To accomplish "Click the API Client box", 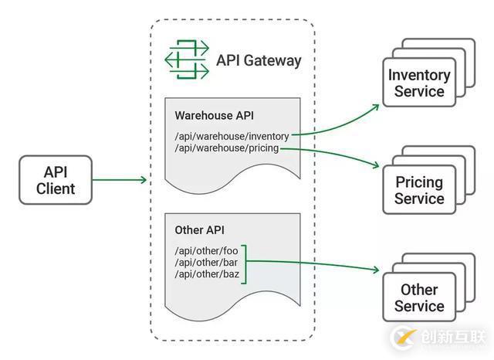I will pos(56,179).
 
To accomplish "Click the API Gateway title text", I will pos(259,60).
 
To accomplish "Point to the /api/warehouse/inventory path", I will pos(232,137).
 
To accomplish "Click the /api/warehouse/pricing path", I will pos(226,148).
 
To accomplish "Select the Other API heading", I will pos(199,230).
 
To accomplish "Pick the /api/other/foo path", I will pos(206,251).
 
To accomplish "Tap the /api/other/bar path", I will pos(206,263).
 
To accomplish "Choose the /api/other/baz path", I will pos(206,274).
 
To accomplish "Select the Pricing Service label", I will pos(418,191).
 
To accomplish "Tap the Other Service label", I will pos(418,298).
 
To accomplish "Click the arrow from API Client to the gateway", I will pos(120,180).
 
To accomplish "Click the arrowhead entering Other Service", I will pos(376,270).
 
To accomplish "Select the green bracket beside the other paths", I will pos(245,263).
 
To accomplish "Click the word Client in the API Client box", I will pos(56,188).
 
